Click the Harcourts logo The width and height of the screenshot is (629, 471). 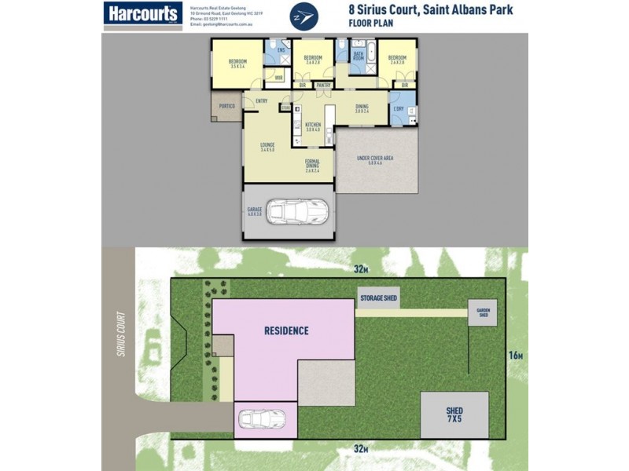click(143, 15)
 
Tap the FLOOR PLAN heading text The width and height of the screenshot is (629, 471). click(370, 24)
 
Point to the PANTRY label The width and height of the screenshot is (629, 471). click(324, 85)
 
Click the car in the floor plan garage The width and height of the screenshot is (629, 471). click(297, 210)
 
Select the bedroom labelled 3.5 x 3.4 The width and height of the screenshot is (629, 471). click(237, 64)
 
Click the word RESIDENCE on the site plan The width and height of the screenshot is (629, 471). click(285, 331)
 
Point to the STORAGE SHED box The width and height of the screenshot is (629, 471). click(378, 298)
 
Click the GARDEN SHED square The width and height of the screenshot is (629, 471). click(483, 312)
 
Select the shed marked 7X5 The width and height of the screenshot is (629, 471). click(454, 414)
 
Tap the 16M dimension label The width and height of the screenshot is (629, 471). click(516, 356)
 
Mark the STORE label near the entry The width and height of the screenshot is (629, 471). click(287, 97)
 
